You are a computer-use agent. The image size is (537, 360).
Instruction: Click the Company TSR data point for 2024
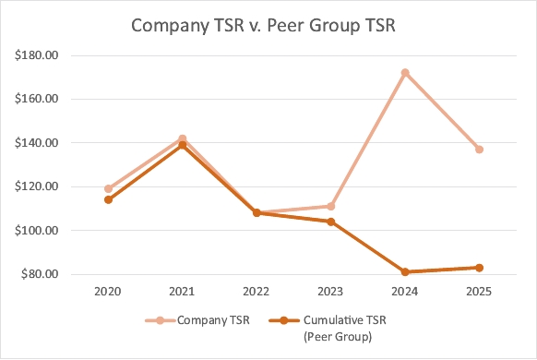coord(405,73)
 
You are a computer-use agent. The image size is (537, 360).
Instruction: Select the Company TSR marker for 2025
coord(480,150)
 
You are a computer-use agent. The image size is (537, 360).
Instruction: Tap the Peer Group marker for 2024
coord(405,272)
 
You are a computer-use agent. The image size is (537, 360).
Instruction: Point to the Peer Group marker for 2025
coord(480,268)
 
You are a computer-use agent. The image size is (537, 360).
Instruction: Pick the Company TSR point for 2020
coord(108,188)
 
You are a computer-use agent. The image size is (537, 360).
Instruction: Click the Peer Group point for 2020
coord(108,199)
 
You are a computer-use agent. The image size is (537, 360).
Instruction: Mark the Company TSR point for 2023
coord(331,206)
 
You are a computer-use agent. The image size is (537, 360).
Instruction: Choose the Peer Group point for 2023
coord(331,222)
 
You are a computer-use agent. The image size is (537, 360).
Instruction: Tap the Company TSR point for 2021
coord(183,138)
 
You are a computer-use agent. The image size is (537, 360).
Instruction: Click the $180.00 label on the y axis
coord(36,55)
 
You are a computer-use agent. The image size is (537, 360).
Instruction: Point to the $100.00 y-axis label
coord(36,231)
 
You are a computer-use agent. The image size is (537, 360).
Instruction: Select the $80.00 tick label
coord(40,274)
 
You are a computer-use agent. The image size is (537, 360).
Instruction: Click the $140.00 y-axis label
coord(36,143)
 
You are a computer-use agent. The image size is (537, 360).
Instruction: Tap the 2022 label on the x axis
coord(257,292)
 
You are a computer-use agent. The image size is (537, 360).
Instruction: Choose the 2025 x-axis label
coord(479,292)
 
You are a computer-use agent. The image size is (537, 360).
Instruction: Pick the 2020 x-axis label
coord(108,292)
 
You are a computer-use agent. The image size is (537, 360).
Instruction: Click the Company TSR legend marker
coord(160,320)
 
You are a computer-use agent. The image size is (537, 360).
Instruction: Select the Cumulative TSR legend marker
coord(284,320)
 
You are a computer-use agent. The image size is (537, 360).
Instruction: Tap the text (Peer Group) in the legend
coord(338,337)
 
